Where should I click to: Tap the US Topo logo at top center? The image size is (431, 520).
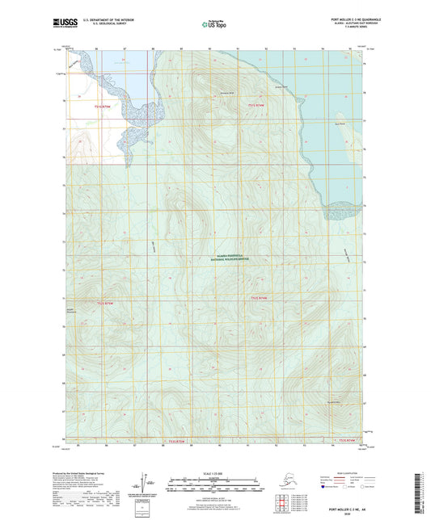[x=214, y=25]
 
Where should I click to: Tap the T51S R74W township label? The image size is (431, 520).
[x=257, y=106]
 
